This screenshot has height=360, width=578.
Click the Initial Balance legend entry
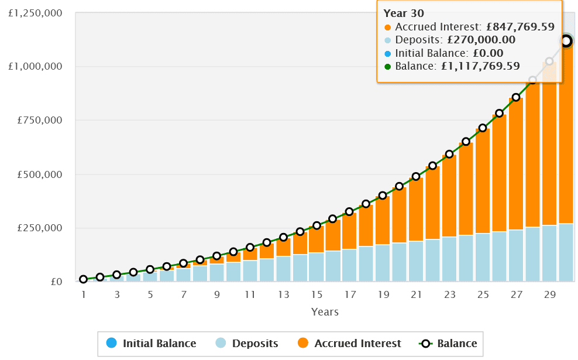152,344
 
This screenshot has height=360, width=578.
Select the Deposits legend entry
247,344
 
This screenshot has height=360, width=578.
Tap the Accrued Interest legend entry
350,344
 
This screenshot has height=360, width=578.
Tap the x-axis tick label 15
316,295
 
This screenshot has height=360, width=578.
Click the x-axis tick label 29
549,295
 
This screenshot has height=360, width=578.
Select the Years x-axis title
325,312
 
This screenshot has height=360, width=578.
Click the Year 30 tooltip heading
403,13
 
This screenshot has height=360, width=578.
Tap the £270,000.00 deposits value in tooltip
481,40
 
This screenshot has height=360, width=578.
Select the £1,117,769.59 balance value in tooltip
480,66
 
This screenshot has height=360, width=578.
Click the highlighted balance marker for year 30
566,41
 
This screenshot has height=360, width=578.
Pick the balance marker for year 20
400,186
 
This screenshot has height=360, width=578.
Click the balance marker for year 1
84,279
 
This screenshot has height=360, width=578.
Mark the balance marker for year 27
516,97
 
